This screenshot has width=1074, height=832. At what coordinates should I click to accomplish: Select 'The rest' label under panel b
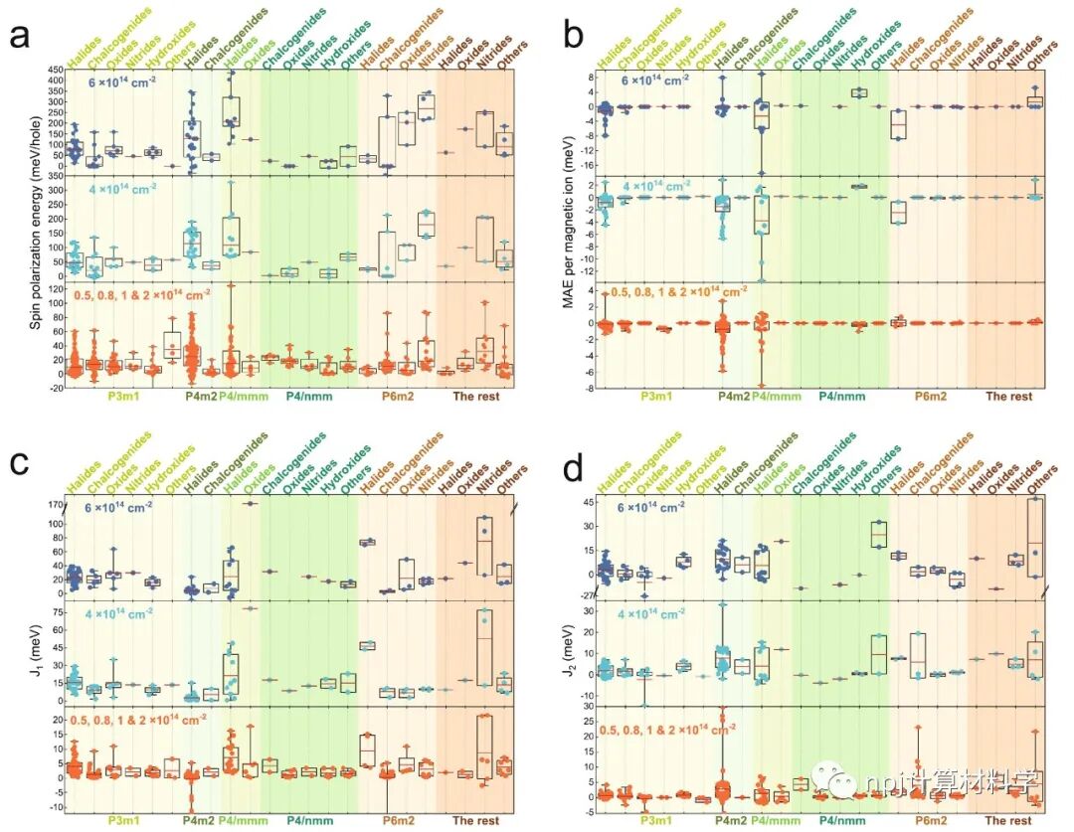click(x=1008, y=397)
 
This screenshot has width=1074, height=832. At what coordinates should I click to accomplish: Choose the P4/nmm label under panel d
click(x=839, y=821)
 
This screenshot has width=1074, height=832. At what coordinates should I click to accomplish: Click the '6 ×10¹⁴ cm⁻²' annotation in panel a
click(x=134, y=83)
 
